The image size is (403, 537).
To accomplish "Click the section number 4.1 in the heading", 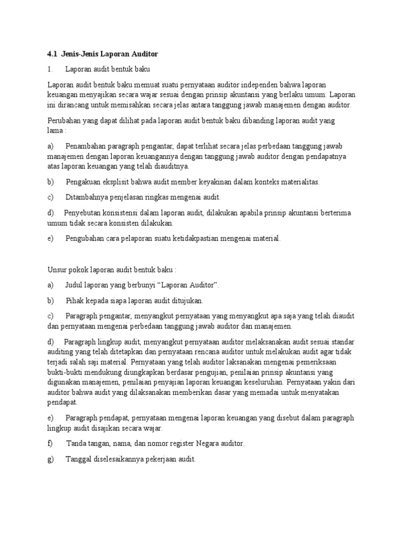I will (51, 54).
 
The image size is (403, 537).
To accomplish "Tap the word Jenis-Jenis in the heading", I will (79, 54).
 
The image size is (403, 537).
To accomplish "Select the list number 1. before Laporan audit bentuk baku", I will (50, 69).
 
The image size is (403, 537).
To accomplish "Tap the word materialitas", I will (296, 182).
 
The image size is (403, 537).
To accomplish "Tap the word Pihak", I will (75, 300).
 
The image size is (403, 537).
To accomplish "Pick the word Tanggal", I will (79, 459).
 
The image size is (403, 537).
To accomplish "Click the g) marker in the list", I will (50, 459).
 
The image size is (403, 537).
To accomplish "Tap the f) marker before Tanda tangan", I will (50, 444).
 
